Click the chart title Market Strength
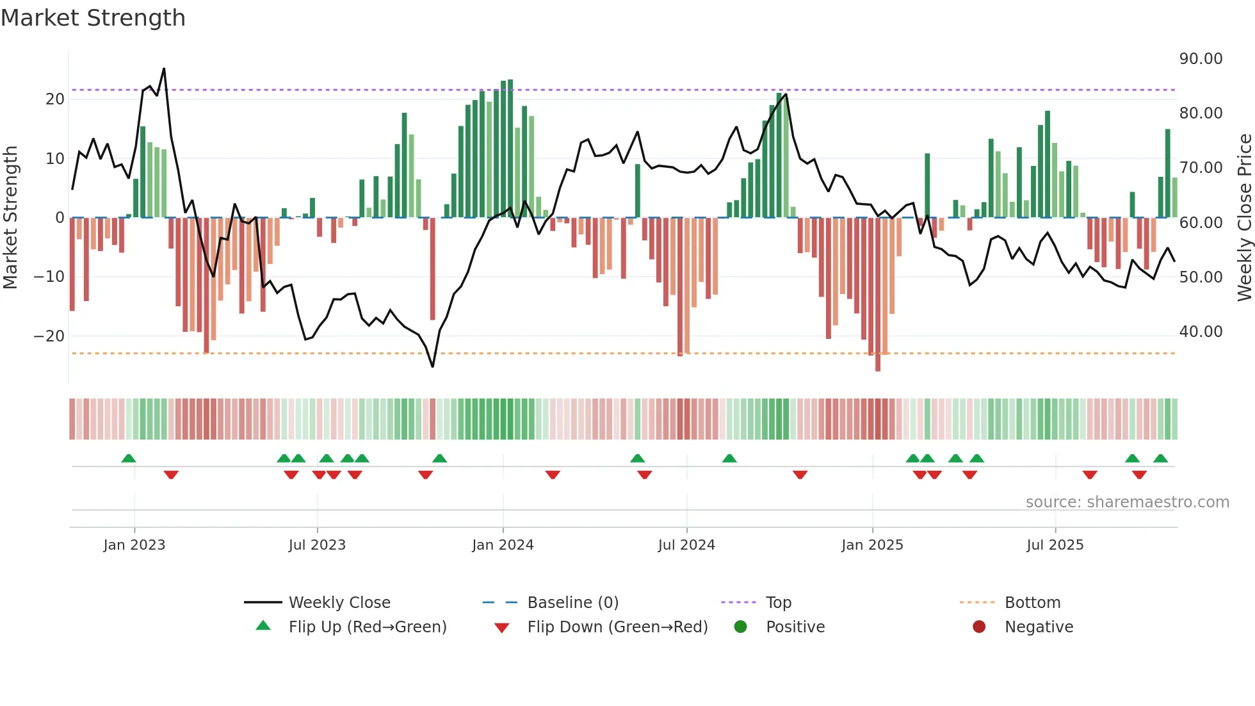pyautogui.click(x=93, y=18)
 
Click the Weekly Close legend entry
pyautogui.click(x=339, y=603)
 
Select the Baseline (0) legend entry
pyautogui.click(x=572, y=603)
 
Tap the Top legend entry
pyautogui.click(x=778, y=603)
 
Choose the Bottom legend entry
pyautogui.click(x=1032, y=603)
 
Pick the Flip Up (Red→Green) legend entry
pyautogui.click(x=367, y=627)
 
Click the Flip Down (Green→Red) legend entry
pyautogui.click(x=617, y=627)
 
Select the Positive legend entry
pyautogui.click(x=795, y=627)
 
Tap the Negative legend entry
pyautogui.click(x=1038, y=627)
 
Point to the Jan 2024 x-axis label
pyautogui.click(x=503, y=545)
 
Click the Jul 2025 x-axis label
pyautogui.click(x=1055, y=545)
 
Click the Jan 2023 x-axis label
pyautogui.click(x=134, y=545)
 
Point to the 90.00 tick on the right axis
pyautogui.click(x=1201, y=59)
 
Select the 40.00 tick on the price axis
pyautogui.click(x=1201, y=332)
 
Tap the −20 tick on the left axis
pyautogui.click(x=49, y=336)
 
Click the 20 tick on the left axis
pyautogui.click(x=55, y=99)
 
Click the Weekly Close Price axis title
pyautogui.click(x=1244, y=218)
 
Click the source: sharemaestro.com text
pyautogui.click(x=1127, y=502)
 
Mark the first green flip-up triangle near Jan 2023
pyautogui.click(x=129, y=459)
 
